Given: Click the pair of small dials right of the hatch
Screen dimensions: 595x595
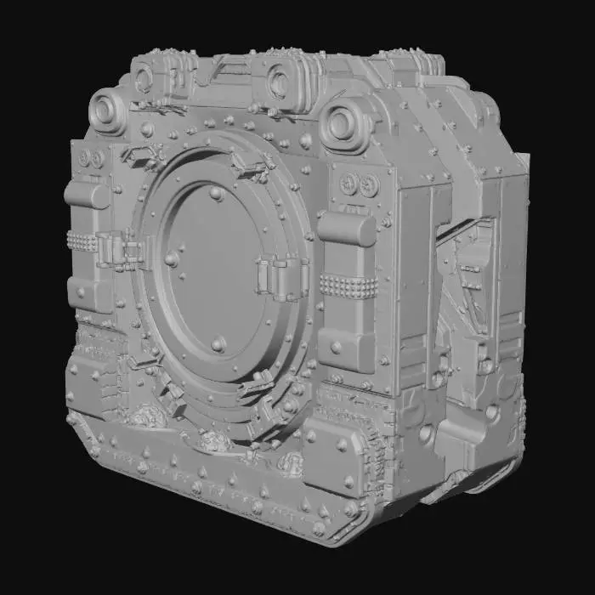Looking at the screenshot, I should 357,184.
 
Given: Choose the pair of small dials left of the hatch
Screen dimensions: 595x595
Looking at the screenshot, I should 91,159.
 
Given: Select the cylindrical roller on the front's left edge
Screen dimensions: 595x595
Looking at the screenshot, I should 85,195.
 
